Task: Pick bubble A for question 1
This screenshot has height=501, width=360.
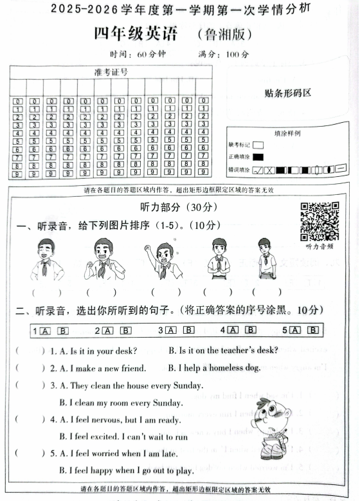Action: click(45, 331)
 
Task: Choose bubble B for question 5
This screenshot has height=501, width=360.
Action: click(312, 330)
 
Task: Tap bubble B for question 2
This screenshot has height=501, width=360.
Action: click(126, 331)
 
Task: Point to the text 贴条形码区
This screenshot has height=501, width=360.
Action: click(287, 93)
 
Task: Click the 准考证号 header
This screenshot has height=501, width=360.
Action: click(111, 72)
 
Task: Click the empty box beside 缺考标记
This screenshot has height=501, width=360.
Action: click(258, 145)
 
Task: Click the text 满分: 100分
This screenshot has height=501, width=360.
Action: click(228, 54)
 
